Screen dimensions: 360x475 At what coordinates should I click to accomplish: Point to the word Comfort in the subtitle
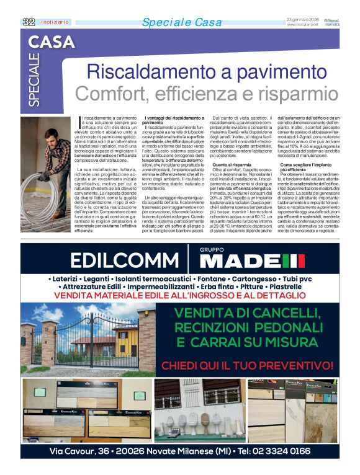[106, 94]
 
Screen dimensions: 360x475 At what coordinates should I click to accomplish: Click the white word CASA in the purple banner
[52, 42]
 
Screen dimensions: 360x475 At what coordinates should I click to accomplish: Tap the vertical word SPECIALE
[34, 79]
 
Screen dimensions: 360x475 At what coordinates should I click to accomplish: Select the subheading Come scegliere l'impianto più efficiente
[308, 167]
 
